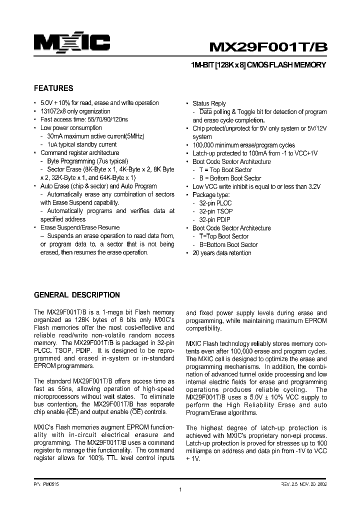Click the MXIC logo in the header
pos(72,43)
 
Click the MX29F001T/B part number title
pos(268,46)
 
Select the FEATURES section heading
pos(53,88)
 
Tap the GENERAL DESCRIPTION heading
pos(76,295)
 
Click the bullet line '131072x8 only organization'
pos(75,111)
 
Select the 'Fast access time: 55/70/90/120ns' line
pos(84,120)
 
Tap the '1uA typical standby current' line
pos(81,144)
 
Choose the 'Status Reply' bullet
pos(209,103)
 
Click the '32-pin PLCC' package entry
pos(215,203)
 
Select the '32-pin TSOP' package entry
pos(215,211)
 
